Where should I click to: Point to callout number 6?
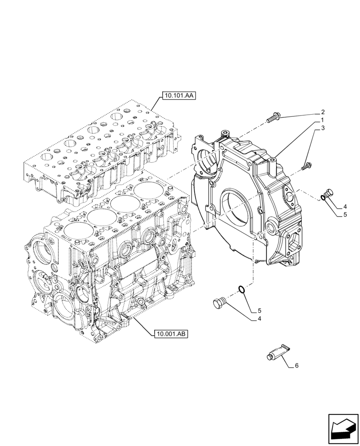pos(297,366)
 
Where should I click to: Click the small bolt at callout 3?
pos(306,167)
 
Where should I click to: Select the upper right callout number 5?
pos(344,215)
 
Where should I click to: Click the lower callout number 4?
pos(259,318)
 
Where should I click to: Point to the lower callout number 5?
pos(259,310)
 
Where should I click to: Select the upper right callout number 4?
pos(344,206)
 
